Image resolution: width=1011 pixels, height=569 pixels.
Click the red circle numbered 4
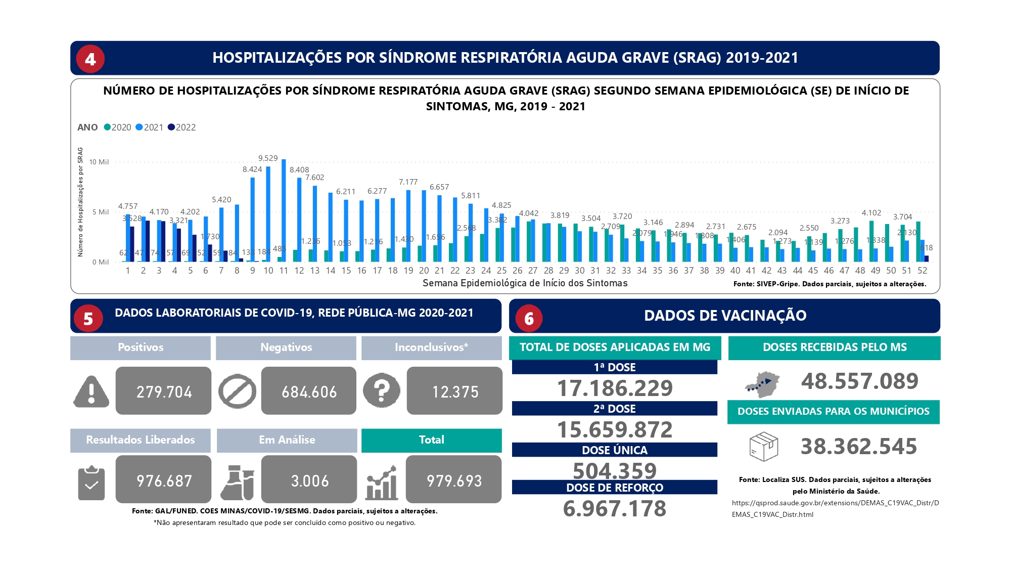click(90, 59)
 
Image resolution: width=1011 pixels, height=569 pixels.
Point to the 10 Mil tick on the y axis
click(99, 162)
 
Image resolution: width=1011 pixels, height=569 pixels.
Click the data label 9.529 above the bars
click(268, 158)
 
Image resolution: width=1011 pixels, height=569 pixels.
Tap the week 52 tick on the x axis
click(922, 271)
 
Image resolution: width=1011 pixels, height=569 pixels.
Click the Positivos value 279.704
click(164, 391)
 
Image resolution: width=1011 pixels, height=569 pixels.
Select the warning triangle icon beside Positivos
click(91, 391)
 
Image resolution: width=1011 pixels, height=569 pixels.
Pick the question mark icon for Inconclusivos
click(382, 390)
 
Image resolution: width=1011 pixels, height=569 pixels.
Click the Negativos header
click(286, 347)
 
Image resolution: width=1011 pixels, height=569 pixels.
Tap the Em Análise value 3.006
click(309, 480)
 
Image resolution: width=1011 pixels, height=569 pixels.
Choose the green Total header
click(431, 440)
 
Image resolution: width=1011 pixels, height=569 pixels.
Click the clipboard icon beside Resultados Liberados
click(91, 483)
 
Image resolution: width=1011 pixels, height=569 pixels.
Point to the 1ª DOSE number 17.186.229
click(615, 388)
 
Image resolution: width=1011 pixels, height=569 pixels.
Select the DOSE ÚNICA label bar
click(615, 450)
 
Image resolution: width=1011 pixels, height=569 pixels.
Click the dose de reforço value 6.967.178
click(615, 508)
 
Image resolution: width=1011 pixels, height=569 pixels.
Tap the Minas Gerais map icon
click(762, 383)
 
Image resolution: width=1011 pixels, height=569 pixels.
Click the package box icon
click(763, 446)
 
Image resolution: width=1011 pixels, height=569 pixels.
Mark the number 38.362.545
click(859, 447)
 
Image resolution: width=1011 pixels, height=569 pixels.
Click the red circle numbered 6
click(529, 319)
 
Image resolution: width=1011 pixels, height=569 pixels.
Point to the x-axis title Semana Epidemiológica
click(525, 283)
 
